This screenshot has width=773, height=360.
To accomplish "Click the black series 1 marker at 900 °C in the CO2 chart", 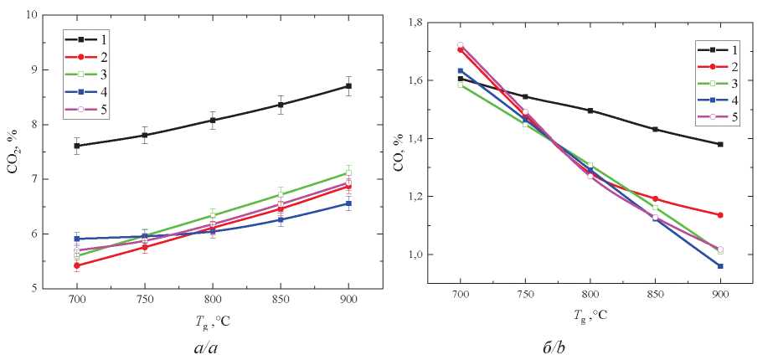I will coord(348,86).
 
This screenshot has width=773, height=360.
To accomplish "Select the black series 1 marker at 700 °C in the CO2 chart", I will coord(77,146).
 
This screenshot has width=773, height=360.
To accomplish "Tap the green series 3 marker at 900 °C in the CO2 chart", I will coord(348,172).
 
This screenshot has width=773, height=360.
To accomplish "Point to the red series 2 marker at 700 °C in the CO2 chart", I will coord(77,265).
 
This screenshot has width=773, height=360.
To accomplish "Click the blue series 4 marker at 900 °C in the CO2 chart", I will coord(348,203).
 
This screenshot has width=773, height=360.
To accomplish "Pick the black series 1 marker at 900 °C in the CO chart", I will coord(719,144).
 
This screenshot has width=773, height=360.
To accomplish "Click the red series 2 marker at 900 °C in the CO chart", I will coord(719,215).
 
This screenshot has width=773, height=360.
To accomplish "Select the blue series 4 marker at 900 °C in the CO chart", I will coord(719,266).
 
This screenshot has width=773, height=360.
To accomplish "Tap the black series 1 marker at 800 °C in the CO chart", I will coord(590,111).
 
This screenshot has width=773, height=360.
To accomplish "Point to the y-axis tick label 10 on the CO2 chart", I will coord(32,15).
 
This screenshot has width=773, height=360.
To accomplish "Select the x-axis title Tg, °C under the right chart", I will coord(590,316).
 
